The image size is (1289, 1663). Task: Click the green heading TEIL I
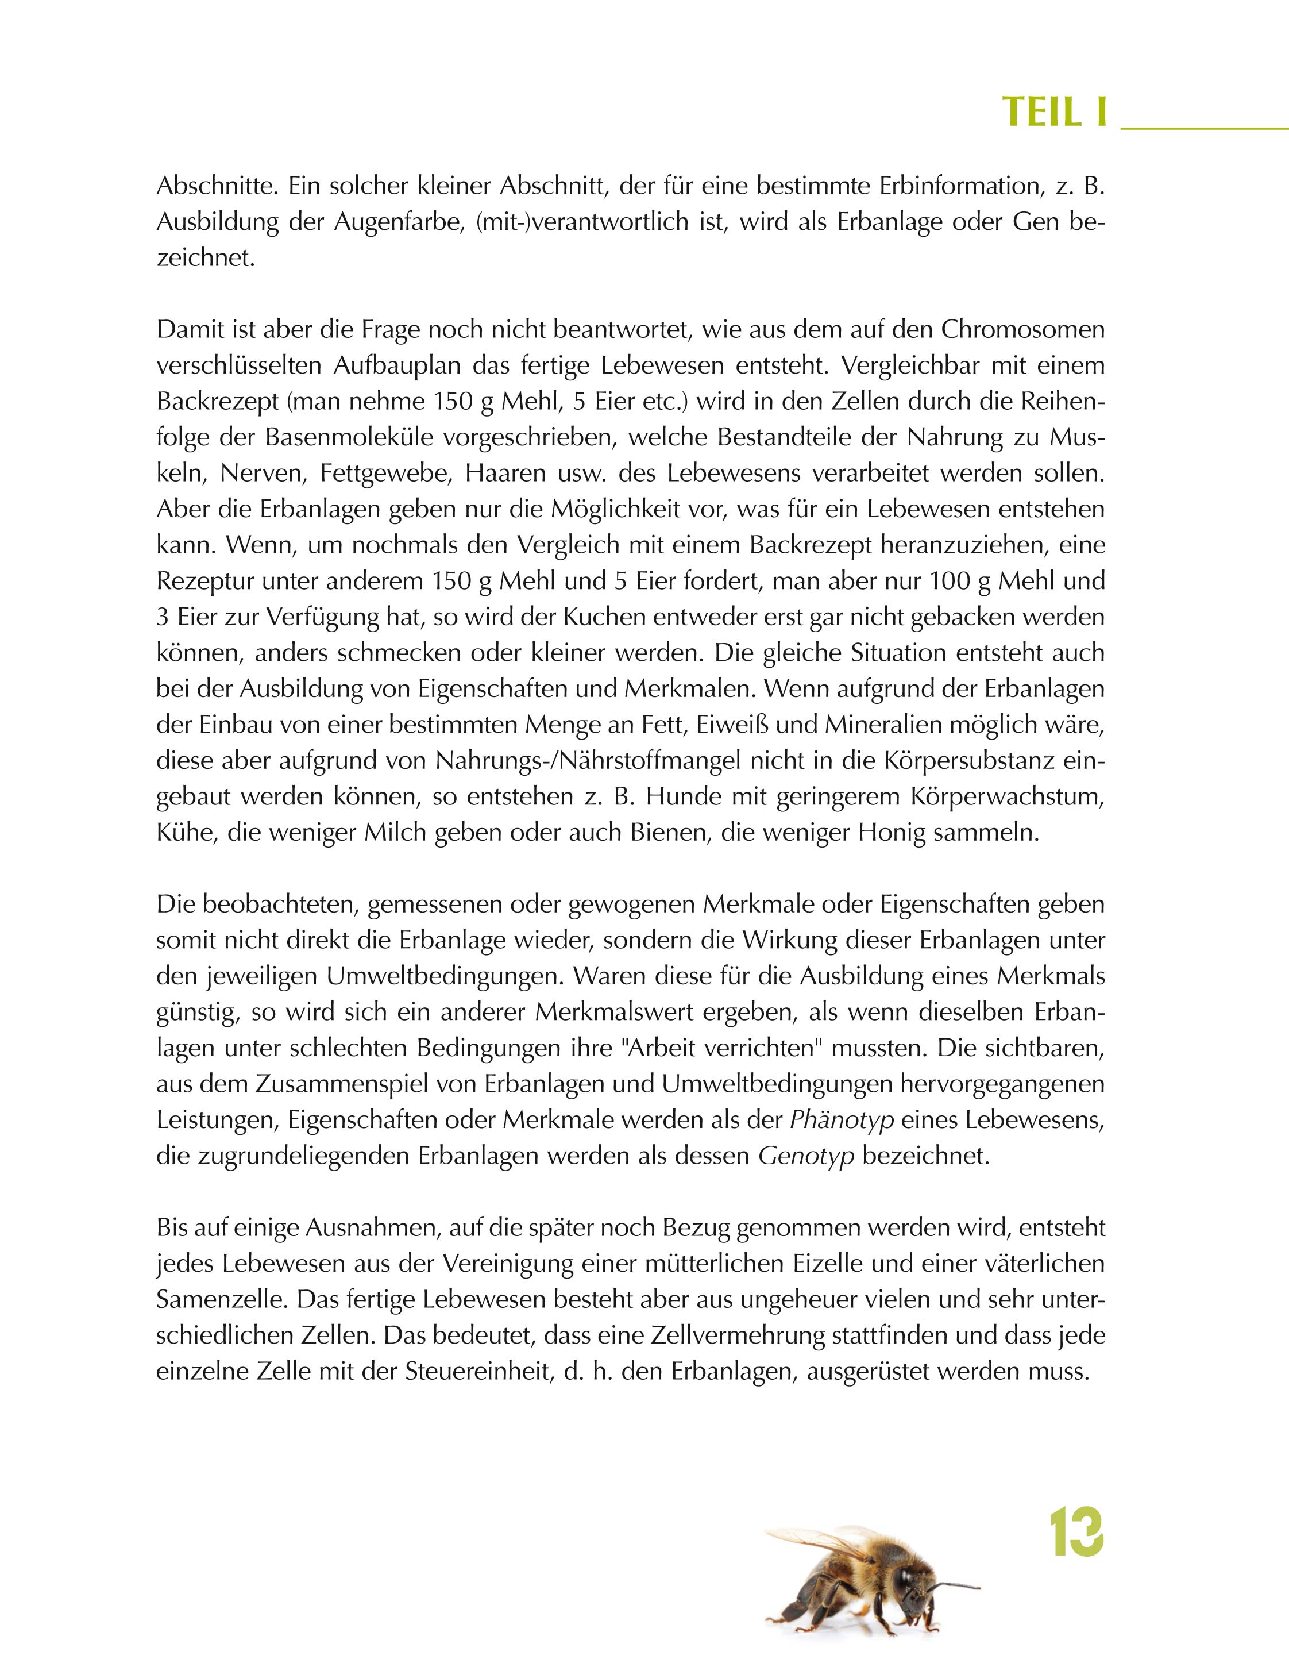click(1053, 112)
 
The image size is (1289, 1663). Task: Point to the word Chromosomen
click(1022, 330)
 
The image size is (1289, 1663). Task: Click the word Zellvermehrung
click(711, 1335)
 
